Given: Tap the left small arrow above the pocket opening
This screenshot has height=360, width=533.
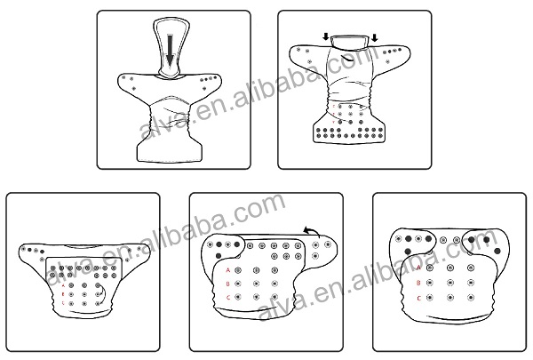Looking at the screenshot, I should click(325, 37).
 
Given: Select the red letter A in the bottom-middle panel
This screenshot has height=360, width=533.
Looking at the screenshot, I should click(227, 268).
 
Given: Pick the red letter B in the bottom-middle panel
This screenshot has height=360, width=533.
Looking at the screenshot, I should click(227, 283).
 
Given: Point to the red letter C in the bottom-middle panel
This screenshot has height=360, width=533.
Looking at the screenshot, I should click(227, 297).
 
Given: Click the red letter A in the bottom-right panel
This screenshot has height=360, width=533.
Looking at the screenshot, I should click(418, 267).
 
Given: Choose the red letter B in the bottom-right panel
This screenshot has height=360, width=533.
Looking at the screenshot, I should click(418, 282).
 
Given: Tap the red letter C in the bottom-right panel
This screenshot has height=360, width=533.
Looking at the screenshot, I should click(418, 297).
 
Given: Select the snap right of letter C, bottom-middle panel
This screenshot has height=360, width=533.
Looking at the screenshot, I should click(240, 297).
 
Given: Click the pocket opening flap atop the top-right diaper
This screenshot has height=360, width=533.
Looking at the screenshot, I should click(350, 39).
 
